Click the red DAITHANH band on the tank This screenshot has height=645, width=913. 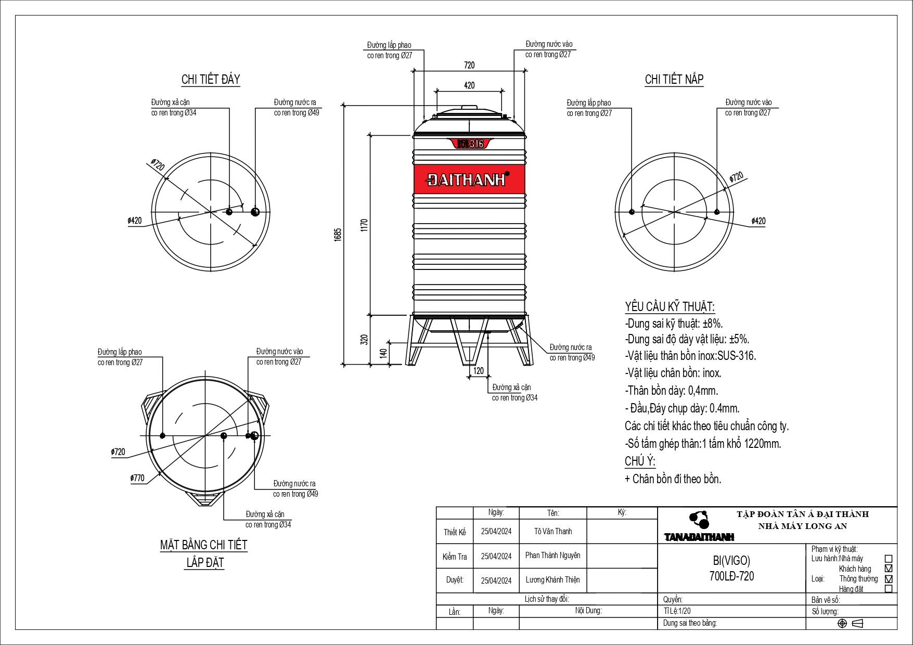(469, 179)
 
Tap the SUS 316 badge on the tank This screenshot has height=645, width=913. (470, 144)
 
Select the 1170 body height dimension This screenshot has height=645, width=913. (364, 225)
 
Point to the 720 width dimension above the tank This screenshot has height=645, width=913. (469, 65)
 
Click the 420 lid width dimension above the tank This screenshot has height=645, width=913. (469, 85)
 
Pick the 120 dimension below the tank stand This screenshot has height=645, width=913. (479, 370)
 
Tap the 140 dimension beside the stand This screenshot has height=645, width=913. (384, 353)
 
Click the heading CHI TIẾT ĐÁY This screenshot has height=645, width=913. (211, 80)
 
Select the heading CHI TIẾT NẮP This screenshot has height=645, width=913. (674, 80)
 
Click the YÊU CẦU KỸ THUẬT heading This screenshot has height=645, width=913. (670, 307)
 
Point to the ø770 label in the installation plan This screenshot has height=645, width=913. (137, 478)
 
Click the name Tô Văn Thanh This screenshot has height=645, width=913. (552, 531)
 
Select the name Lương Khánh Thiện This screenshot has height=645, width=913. (552, 579)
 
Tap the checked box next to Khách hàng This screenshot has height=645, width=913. (889, 569)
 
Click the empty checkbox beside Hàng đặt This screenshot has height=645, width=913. (889, 589)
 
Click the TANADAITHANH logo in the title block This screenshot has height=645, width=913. (699, 527)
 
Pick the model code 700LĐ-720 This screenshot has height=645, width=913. (731, 576)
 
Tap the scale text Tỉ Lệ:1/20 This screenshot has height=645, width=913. (677, 611)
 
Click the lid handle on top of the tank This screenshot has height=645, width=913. (469, 108)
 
